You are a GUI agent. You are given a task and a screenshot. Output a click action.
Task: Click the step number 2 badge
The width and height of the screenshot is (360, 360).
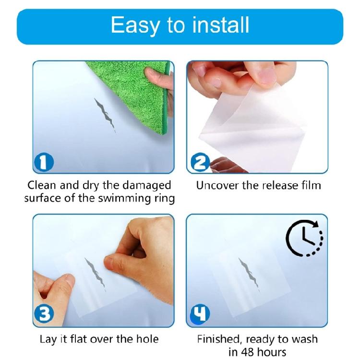click(198, 164)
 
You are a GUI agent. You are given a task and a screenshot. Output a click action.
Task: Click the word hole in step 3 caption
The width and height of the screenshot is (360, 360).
click(146, 339)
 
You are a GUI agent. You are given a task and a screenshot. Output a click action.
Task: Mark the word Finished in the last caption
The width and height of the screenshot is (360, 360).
click(220, 339)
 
